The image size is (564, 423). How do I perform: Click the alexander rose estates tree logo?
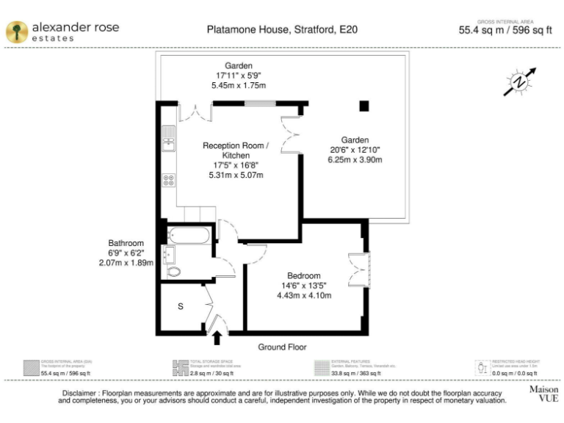click(x=16, y=31)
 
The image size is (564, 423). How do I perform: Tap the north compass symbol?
click(x=519, y=82)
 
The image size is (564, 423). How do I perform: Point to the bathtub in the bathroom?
click(x=189, y=236)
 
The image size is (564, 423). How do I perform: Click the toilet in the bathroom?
click(x=173, y=272)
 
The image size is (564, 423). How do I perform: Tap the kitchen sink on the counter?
click(x=168, y=138)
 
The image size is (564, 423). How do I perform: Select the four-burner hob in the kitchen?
click(x=168, y=179)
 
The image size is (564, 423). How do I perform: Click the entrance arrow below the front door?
click(x=217, y=338)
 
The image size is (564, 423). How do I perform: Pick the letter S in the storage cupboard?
click(x=180, y=306)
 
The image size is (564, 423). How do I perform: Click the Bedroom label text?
click(x=304, y=276)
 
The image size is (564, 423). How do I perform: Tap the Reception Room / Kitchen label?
click(x=236, y=151)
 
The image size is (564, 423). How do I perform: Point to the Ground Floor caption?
click(x=282, y=347)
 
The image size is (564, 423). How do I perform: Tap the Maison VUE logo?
click(x=543, y=394)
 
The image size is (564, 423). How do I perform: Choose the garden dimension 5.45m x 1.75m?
click(x=239, y=86)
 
